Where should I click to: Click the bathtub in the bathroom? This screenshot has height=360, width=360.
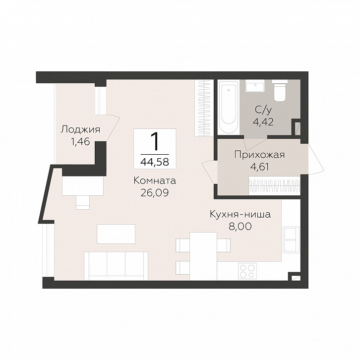tap(227, 107)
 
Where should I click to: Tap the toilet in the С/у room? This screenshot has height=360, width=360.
tap(279, 91)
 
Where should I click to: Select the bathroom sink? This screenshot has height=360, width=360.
tap(255, 86)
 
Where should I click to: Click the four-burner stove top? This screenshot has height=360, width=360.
tap(247, 271)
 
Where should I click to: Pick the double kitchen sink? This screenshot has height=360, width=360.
tap(291, 240)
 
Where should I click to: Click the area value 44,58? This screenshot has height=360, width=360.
tap(155, 162)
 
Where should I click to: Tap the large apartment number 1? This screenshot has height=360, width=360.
tap(155, 142)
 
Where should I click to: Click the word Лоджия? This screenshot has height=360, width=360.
tap(80, 130)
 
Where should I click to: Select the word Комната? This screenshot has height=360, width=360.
tap(155, 180)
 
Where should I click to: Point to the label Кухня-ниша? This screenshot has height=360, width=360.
tap(240, 214)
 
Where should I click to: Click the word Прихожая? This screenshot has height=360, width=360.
tap(259, 155)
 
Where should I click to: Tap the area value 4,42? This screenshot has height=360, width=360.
tap(263, 122)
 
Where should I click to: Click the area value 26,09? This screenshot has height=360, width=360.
tap(155, 193)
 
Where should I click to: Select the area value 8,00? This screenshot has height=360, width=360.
tap(240, 227)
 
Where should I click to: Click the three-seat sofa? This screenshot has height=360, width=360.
tap(116, 266)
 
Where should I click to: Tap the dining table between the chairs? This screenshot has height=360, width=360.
tap(203, 256)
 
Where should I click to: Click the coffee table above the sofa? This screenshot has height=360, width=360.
tap(116, 234)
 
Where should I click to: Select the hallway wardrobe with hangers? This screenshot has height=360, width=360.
tap(275, 185)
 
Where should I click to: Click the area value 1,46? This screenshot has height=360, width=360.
tap(80, 142)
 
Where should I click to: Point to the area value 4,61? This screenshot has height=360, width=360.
tap(259, 167)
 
